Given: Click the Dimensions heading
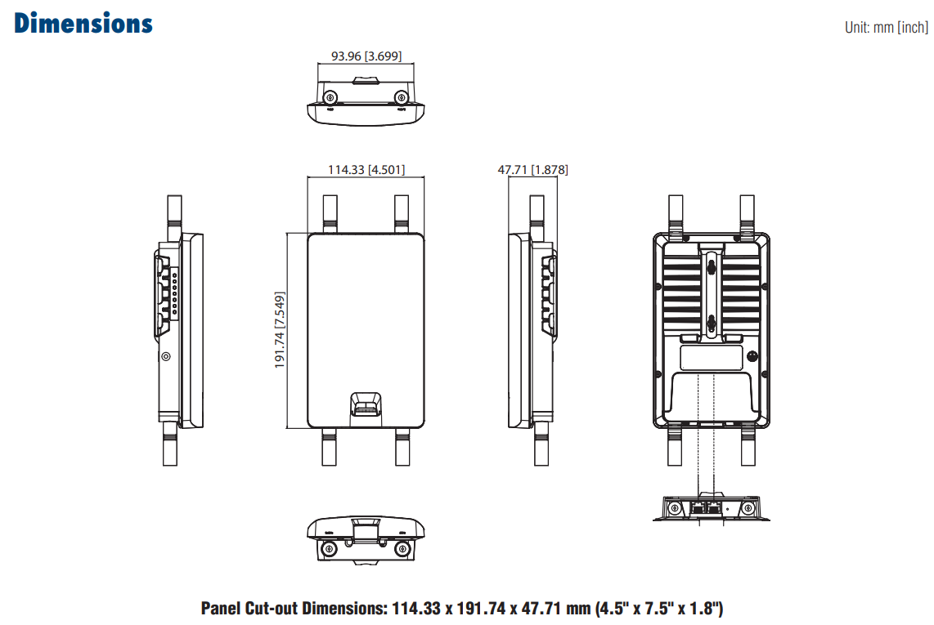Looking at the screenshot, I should [83, 23].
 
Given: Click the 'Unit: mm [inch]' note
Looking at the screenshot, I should [886, 28].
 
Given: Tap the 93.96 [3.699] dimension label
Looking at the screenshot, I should [366, 56].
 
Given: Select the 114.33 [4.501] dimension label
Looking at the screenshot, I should [366, 170].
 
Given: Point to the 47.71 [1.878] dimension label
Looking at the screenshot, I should [532, 170].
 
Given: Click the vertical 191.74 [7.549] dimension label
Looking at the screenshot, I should [280, 330].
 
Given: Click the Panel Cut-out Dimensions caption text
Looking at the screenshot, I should [462, 608].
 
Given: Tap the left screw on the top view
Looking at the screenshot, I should [332, 97].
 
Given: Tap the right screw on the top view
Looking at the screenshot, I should [401, 97].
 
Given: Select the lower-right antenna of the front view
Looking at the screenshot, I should [402, 448].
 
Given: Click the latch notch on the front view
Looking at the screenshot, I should [366, 404].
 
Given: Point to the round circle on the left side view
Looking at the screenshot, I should [166, 356].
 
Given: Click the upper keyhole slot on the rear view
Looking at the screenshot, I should [712, 265].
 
